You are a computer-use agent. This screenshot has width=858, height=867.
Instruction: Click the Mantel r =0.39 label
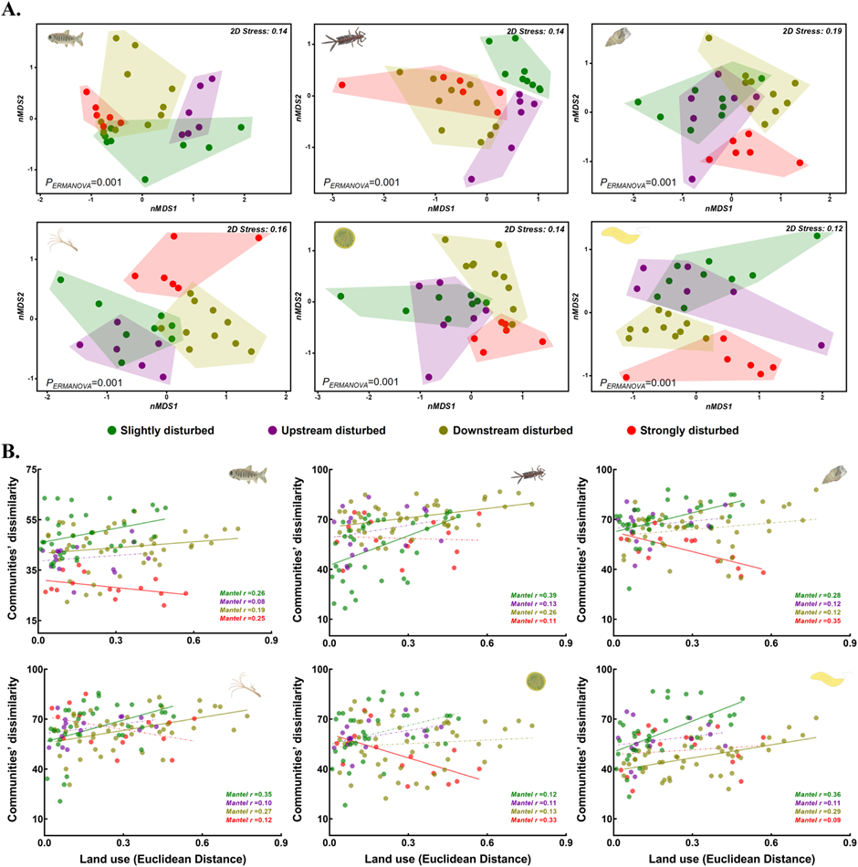click(x=523, y=595)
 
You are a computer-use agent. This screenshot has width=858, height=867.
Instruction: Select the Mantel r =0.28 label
click(x=809, y=595)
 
